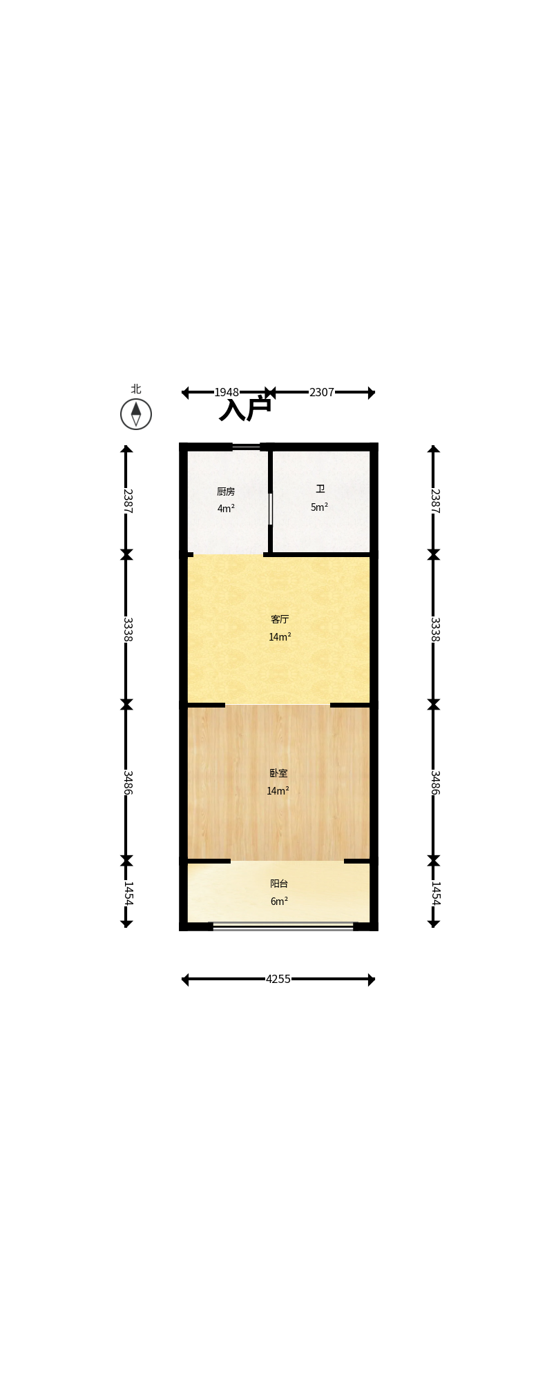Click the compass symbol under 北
[136, 414]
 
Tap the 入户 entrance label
[245, 409]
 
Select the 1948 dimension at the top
[227, 392]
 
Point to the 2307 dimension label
[322, 392]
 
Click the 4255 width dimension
[278, 979]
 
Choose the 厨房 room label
[226, 491]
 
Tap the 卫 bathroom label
[320, 489]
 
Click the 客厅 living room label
[280, 619]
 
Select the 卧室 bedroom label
[278, 773]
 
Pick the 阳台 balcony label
[279, 884]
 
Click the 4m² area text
[226, 509]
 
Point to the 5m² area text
[319, 507]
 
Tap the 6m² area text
[279, 902]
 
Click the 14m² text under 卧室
[278, 791]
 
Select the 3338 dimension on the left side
[127, 629]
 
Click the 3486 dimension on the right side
[435, 783]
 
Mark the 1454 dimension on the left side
[127, 893]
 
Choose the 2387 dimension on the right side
[435, 501]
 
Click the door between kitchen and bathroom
[270, 509]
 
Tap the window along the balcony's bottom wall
[283, 926]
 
